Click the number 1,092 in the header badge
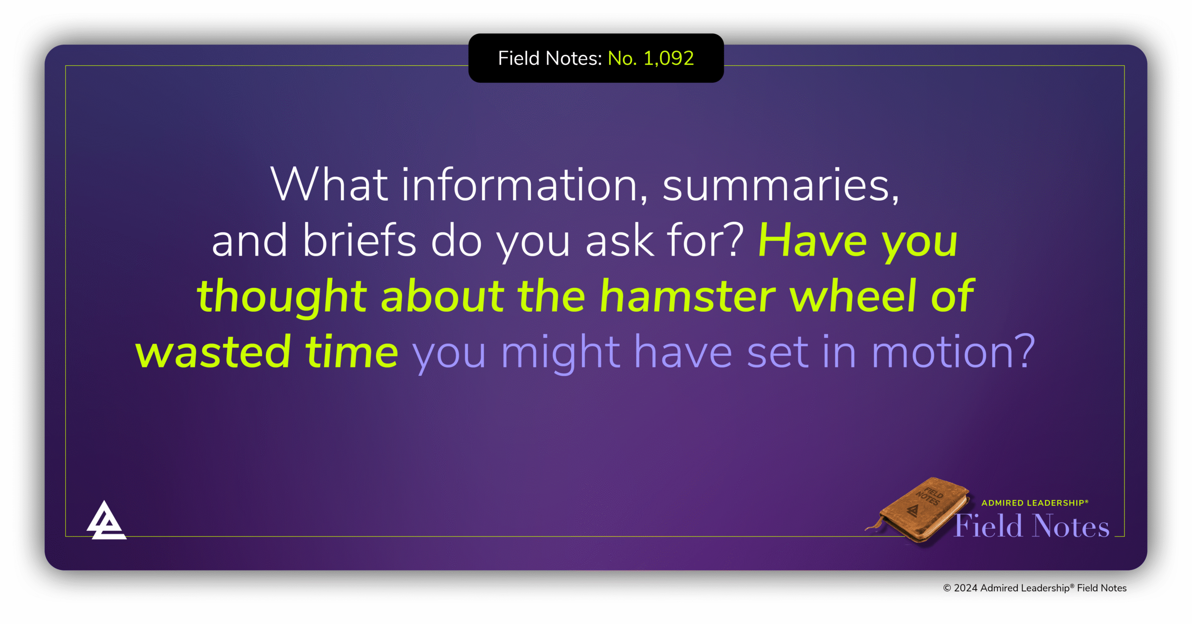669,59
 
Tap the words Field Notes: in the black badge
550,59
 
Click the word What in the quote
329,185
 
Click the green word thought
283,296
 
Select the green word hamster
688,296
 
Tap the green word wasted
213,352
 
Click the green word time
352,351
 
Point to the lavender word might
561,353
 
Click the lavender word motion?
953,352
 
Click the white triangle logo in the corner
106,520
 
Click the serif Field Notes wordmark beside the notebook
1032,526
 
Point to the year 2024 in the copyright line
966,588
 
